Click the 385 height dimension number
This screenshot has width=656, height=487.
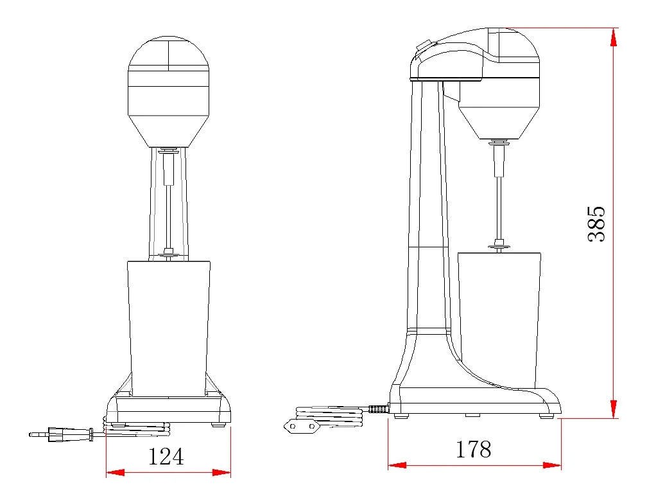pyautogui.click(x=597, y=224)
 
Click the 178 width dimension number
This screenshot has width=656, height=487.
pyautogui.click(x=473, y=449)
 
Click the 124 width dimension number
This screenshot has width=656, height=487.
pyautogui.click(x=166, y=456)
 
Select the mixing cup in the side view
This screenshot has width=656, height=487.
pyautogui.click(x=499, y=318)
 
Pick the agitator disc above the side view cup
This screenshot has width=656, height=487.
pyautogui.click(x=499, y=244)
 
